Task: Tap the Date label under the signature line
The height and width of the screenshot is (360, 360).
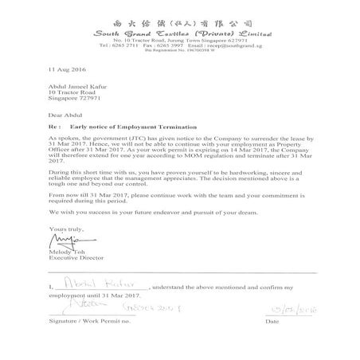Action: pyautogui.click(x=273, y=323)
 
